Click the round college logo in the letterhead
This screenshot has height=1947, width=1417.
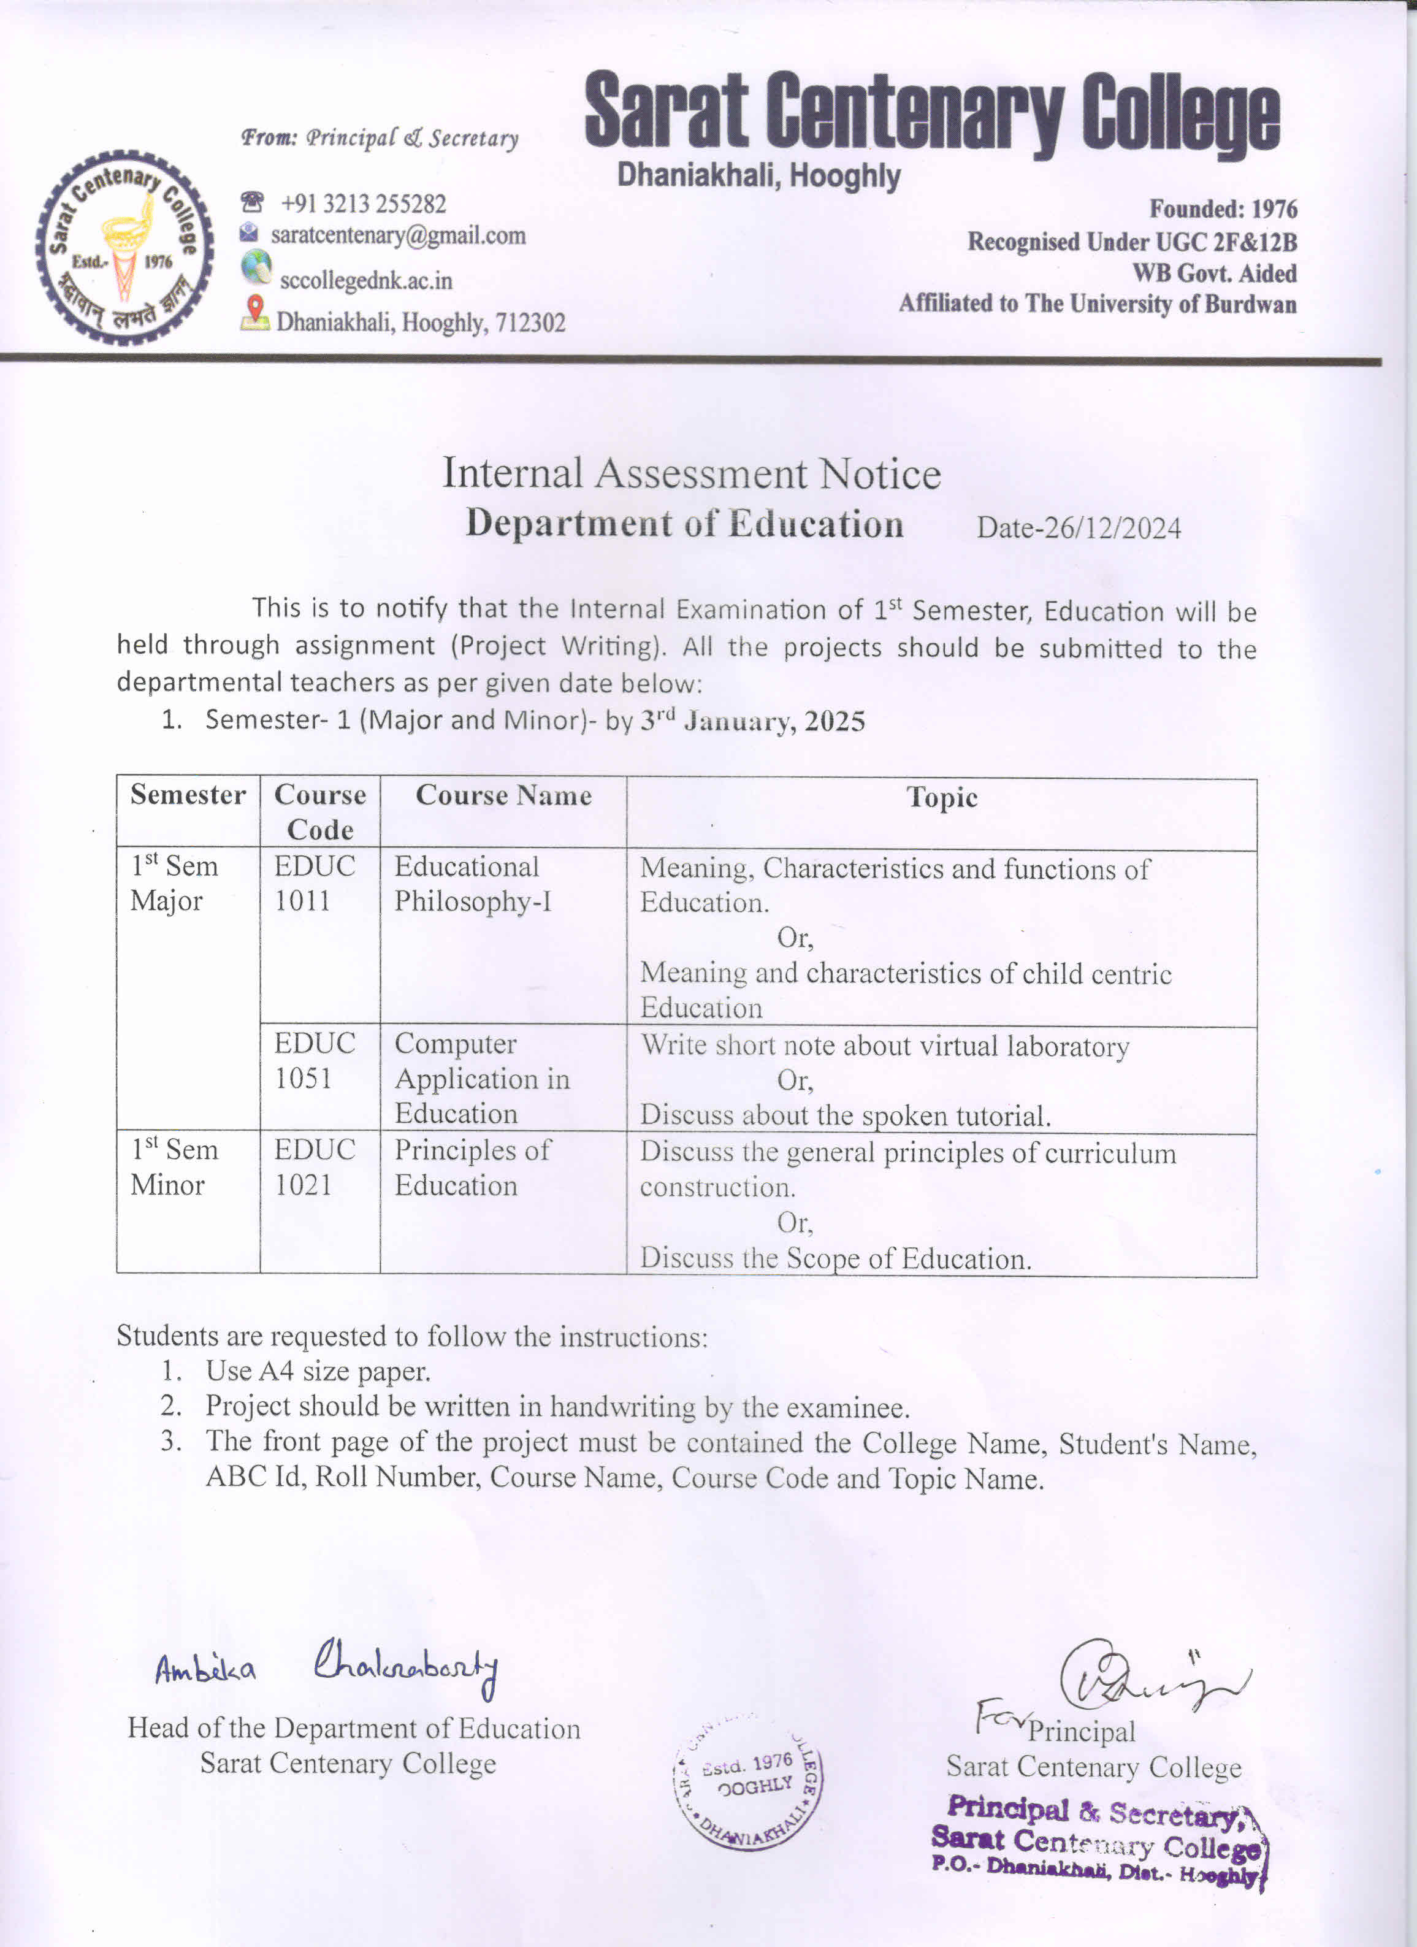[x=124, y=248]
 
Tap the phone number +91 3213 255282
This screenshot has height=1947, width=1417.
[x=363, y=204]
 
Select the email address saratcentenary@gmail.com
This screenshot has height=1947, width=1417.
[x=398, y=235]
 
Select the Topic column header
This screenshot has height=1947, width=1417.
[x=942, y=798]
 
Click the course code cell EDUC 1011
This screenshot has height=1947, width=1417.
[x=314, y=884]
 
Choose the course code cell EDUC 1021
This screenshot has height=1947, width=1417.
[x=314, y=1166]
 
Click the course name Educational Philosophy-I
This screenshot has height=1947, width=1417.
[x=473, y=884]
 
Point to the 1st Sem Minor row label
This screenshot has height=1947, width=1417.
[x=174, y=1166]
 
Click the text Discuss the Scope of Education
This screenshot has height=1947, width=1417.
[x=835, y=1258]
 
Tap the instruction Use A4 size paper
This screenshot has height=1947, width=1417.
[x=318, y=1371]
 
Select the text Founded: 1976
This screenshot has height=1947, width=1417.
[x=1223, y=210]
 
